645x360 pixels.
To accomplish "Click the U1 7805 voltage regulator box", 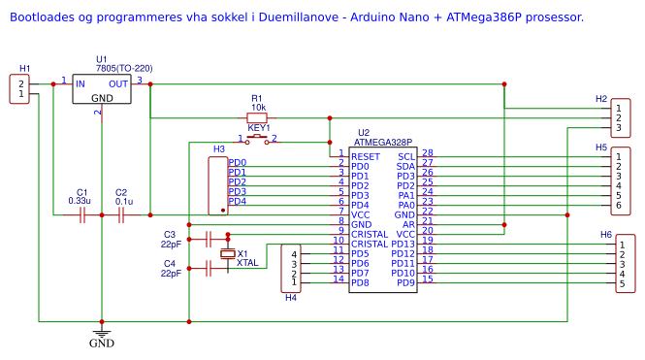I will pos(102,91).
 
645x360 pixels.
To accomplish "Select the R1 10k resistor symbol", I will pos(257,117).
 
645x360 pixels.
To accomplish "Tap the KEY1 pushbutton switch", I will pos(258,140).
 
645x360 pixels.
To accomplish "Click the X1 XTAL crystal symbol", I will pos(228,253).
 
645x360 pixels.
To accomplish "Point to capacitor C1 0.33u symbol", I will pos(82,214).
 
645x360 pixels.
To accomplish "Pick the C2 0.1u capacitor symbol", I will pos(121,214).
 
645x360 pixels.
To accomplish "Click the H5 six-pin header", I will pos(618,181).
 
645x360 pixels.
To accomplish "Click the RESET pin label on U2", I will pos(366,156).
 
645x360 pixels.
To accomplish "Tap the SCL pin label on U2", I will pos(405,156).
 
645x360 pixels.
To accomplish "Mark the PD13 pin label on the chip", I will pos(403,244).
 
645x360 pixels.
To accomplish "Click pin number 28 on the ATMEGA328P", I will pos(427,152).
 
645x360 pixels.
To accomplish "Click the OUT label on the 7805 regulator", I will pos(117,84).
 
